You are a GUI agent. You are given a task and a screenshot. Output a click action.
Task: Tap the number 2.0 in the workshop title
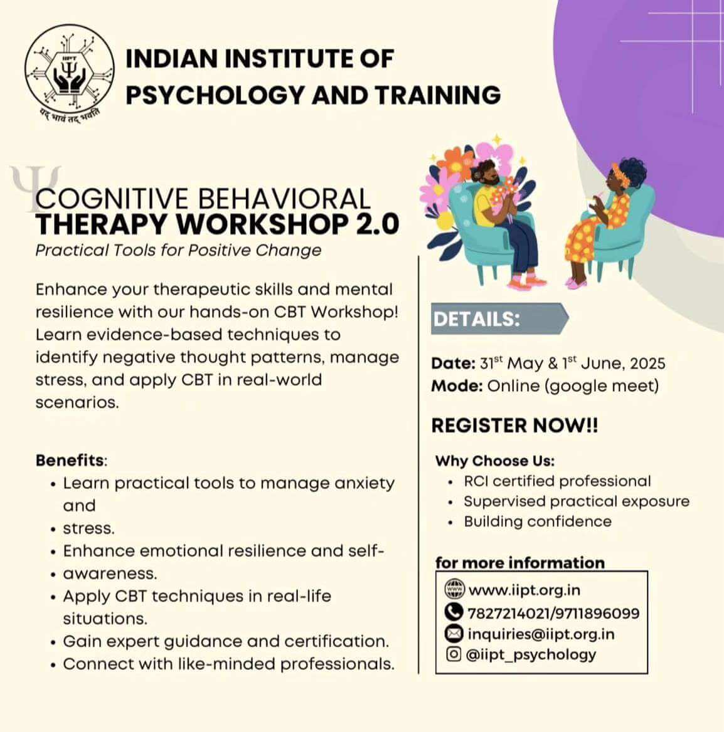[378, 224]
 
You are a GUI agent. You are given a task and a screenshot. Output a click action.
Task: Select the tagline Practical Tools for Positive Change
[178, 251]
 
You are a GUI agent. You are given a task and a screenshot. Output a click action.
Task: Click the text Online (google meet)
[573, 387]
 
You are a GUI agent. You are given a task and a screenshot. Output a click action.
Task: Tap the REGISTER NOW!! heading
[514, 426]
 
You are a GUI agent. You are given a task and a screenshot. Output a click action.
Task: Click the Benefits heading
[70, 460]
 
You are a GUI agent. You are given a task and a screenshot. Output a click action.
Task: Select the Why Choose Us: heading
[495, 461]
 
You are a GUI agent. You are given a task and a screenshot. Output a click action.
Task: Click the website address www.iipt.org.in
[524, 590]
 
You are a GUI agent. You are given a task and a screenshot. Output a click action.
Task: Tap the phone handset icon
[454, 612]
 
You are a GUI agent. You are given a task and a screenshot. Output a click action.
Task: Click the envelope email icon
[454, 634]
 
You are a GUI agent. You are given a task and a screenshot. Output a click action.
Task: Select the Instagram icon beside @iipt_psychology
[454, 654]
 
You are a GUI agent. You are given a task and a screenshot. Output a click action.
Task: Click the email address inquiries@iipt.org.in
[541, 634]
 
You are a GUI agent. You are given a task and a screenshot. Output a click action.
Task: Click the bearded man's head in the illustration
[487, 173]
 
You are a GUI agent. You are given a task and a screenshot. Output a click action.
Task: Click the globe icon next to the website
[454, 589]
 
